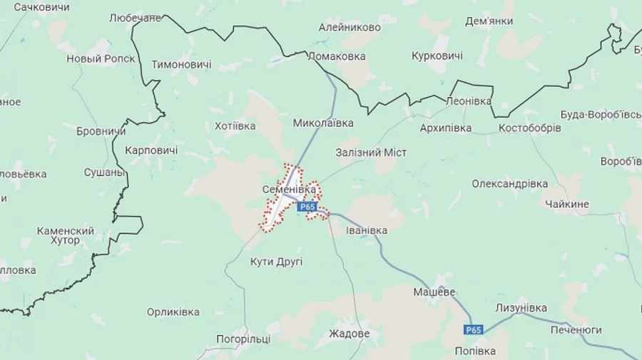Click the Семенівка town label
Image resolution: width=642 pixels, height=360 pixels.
point(289,190)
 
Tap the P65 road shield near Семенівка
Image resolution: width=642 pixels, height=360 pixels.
point(307,207)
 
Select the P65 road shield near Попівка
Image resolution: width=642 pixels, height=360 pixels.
point(473,329)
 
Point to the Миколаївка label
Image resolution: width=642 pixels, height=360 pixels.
point(323,123)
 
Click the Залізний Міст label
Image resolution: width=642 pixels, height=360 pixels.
point(371,153)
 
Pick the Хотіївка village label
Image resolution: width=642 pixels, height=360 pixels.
point(235,126)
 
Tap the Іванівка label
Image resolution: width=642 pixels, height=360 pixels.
point(367,230)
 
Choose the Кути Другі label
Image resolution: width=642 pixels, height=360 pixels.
point(276,262)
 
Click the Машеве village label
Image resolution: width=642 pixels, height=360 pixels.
point(434,292)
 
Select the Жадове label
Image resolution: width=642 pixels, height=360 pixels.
point(349,334)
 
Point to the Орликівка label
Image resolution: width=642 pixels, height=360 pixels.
point(173,312)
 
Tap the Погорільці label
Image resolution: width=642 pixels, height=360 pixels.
point(244,339)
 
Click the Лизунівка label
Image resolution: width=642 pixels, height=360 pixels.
point(521,308)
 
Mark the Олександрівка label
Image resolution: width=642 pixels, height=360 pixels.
point(509,184)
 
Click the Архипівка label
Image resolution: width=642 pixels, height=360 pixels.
point(446,128)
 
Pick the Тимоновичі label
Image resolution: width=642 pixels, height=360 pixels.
point(181,64)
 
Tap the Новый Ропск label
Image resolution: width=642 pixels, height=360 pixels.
point(101,58)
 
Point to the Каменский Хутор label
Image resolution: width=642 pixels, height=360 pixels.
point(66,235)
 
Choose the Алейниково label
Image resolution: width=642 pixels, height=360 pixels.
point(350,27)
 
